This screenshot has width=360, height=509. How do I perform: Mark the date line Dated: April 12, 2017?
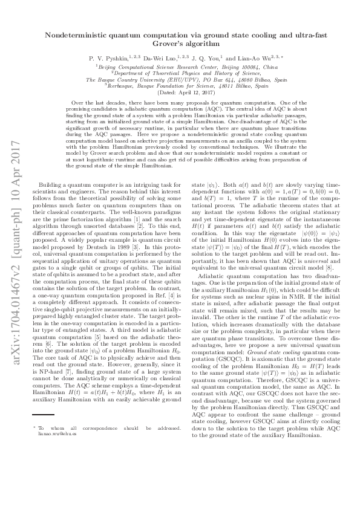click(x=180, y=92)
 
